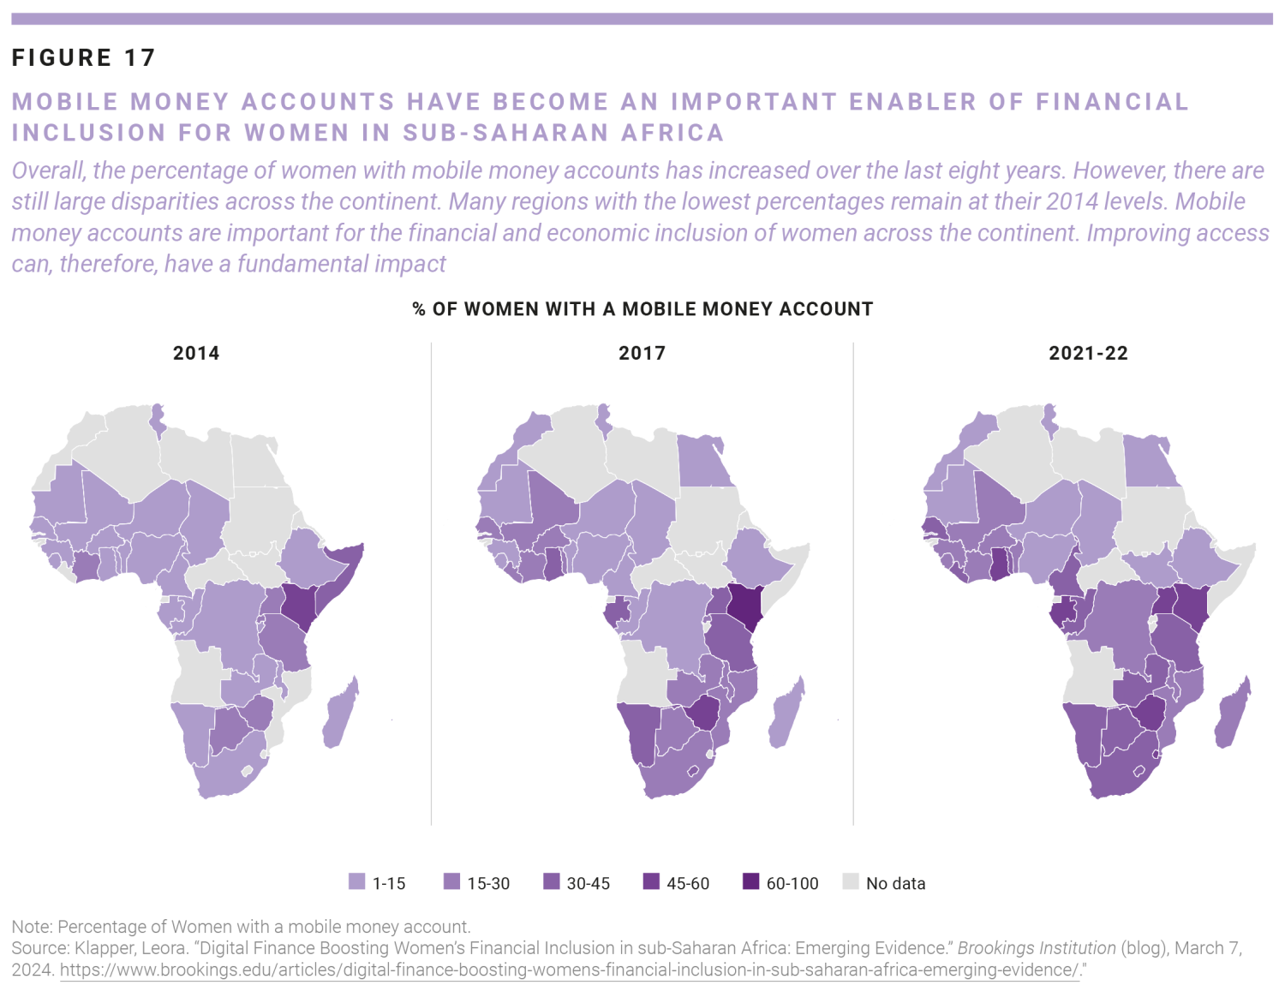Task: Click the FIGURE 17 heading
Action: point(83,57)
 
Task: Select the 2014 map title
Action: point(196,353)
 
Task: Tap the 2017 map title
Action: point(642,353)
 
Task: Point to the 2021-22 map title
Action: point(1088,353)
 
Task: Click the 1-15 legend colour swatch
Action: point(357,881)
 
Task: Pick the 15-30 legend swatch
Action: point(451,881)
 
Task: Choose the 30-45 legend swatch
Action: point(552,881)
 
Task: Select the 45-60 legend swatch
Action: point(651,881)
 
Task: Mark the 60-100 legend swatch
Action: point(750,881)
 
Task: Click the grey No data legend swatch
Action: point(851,881)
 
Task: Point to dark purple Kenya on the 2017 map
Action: point(746,605)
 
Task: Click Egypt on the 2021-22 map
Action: point(1147,462)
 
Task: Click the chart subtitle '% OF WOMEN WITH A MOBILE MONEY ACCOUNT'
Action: point(642,309)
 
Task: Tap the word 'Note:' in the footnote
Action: point(33,927)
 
